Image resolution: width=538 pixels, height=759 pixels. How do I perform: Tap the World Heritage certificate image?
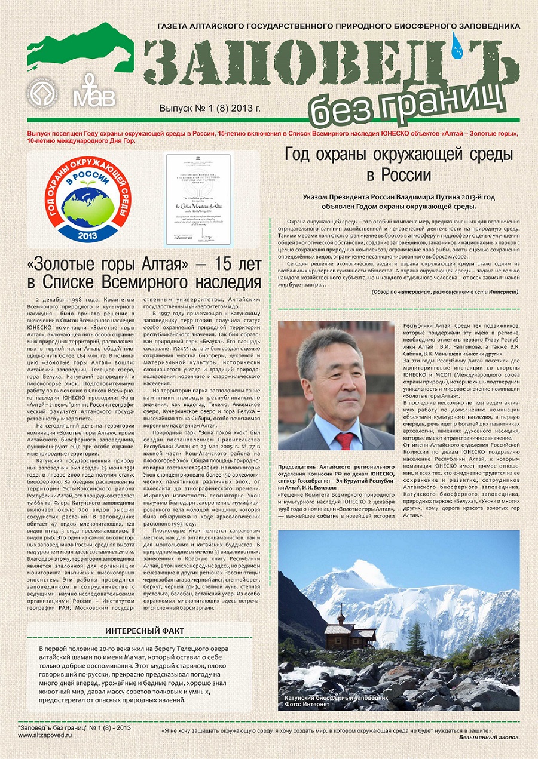[x=198, y=199]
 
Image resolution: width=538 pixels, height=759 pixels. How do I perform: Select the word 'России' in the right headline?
[x=399, y=176]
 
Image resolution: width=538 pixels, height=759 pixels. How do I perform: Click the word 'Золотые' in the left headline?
[x=77, y=263]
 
